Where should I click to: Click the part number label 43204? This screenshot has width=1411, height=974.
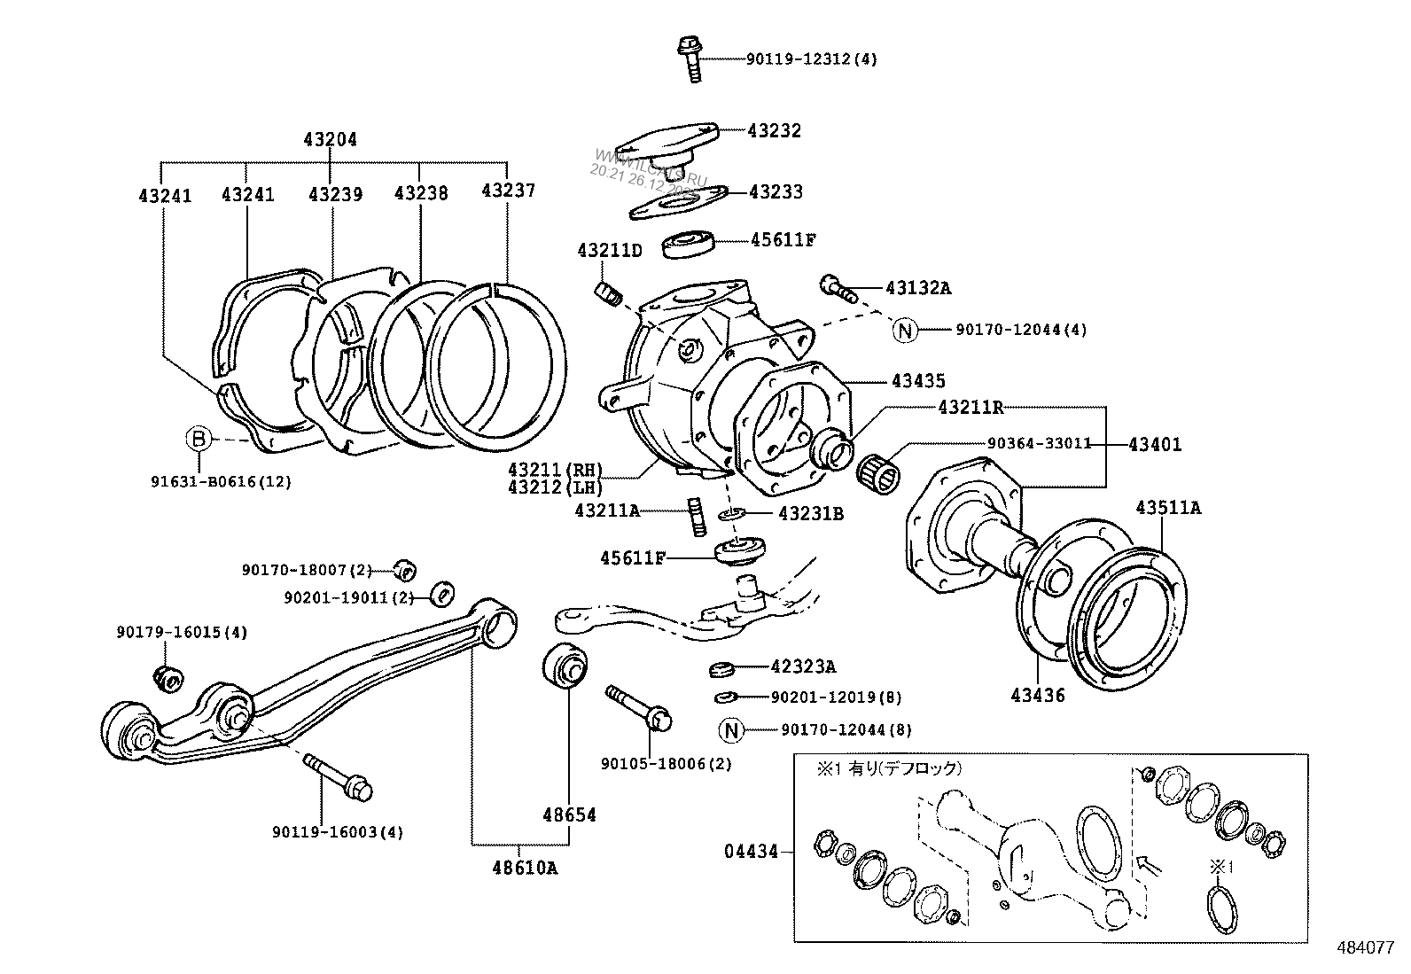click(x=330, y=139)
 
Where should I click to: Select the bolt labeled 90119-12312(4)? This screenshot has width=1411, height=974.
click(x=690, y=58)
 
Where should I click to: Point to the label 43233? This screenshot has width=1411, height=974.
click(x=776, y=191)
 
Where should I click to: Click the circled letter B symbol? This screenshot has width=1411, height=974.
click(x=199, y=438)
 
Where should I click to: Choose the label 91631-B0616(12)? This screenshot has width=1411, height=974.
click(x=221, y=482)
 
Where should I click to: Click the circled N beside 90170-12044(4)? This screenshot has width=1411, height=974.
click(x=905, y=331)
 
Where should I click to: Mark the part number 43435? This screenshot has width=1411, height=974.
click(x=918, y=381)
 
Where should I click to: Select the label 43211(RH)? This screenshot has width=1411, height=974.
click(x=555, y=469)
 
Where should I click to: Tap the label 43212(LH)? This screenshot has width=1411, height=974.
click(x=555, y=487)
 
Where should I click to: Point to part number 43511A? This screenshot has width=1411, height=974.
click(x=1168, y=508)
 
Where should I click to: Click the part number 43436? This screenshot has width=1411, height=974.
click(x=1037, y=696)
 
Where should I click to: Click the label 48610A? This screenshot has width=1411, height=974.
click(x=525, y=868)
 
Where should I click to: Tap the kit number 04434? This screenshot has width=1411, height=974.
click(x=751, y=852)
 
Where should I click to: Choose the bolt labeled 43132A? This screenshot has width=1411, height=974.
click(x=836, y=287)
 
